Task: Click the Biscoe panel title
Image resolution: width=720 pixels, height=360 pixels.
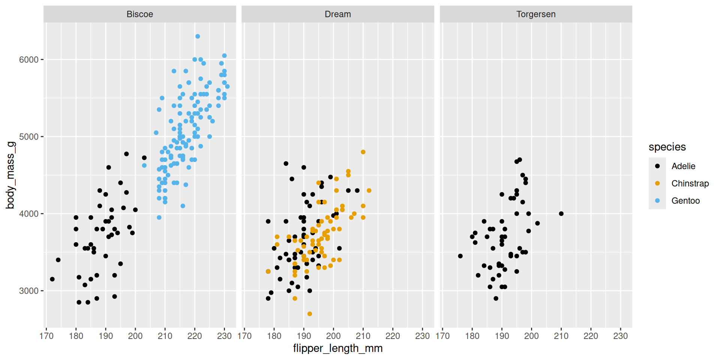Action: (139, 14)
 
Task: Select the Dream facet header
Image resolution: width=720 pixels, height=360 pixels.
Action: (337, 14)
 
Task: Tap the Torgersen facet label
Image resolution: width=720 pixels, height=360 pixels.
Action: (535, 14)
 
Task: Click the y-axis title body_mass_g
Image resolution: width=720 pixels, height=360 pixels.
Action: (10, 175)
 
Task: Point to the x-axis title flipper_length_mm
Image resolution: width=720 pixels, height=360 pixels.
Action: (337, 348)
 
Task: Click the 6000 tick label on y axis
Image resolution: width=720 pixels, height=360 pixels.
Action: (29, 60)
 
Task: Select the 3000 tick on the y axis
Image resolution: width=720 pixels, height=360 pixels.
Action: (29, 291)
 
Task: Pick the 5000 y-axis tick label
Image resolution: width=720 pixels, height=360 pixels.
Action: (29, 137)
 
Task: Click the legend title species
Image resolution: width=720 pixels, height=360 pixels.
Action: (667, 147)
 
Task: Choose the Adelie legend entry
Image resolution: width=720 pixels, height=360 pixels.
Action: (683, 166)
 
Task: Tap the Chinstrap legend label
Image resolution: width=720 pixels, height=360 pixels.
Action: (690, 183)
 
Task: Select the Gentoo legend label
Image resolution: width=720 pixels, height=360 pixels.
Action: (685, 201)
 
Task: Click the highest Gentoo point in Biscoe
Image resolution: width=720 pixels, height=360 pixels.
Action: (198, 36)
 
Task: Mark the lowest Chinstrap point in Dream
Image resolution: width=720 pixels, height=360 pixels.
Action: (310, 314)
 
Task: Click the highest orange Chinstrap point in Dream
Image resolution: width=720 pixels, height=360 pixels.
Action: (363, 152)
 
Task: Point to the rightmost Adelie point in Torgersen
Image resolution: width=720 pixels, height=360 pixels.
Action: (561, 214)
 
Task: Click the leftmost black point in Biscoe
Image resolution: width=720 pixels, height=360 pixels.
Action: (52, 279)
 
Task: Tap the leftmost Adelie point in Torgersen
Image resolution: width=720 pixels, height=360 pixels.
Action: (460, 256)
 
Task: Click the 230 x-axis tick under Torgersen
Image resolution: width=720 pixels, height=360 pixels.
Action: (620, 336)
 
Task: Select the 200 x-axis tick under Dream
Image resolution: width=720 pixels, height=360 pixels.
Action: (333, 336)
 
